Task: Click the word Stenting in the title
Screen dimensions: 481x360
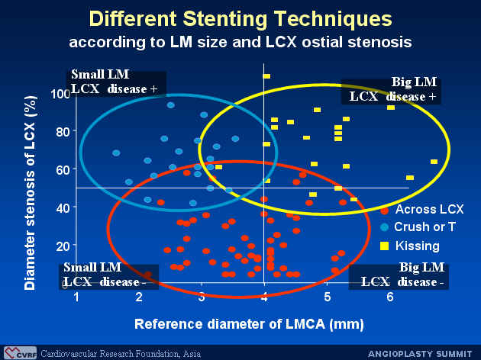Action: tap(225, 19)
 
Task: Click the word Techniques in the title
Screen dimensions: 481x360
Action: tap(333, 19)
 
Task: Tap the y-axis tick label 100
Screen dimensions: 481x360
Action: tap(61, 94)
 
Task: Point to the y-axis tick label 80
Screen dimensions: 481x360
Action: tap(63, 132)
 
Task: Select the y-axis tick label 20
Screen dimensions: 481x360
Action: tap(63, 246)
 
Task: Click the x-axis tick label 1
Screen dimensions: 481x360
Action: tap(76, 297)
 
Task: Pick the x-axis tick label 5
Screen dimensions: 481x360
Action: tap(328, 297)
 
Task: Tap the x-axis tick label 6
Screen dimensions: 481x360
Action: tap(390, 297)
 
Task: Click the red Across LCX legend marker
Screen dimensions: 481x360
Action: tap(384, 211)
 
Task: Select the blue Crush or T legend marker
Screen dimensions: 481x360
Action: tap(384, 227)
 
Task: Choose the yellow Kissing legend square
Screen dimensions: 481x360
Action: tap(384, 246)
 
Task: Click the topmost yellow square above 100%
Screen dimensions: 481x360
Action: tap(266, 76)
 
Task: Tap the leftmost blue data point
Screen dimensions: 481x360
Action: tap(116, 153)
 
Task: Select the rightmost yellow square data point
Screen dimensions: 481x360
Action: tap(434, 162)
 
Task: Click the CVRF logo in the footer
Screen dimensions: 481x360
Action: tap(21, 353)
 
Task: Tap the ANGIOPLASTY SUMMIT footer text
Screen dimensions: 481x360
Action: tap(420, 354)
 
